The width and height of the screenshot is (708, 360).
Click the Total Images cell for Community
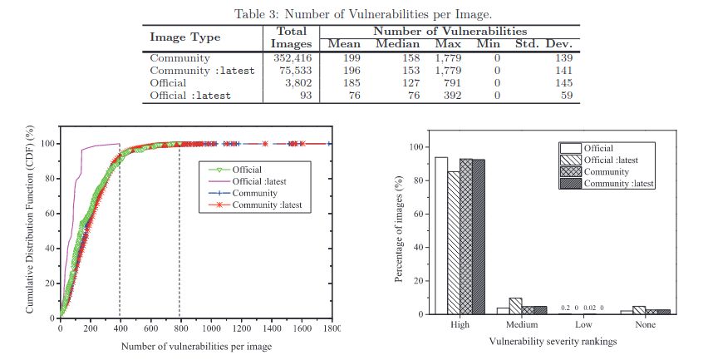coord(293,58)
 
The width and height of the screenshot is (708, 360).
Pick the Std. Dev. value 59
coord(567,96)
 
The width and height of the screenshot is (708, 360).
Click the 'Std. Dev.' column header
coord(543,44)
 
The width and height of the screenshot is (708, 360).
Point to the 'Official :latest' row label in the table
coord(190,96)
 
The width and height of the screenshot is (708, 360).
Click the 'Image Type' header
coord(185,37)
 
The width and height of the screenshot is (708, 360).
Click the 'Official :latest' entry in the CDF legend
coord(259,181)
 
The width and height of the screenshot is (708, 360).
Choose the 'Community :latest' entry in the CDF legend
coord(267,205)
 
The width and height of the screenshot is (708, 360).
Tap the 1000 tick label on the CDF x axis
coord(212,329)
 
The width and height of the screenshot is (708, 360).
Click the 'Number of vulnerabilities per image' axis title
coord(196,347)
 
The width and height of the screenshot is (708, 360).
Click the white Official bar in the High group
coord(441,235)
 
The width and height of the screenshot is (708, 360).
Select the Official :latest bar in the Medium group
coord(515,306)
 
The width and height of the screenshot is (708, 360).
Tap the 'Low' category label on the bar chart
coord(583,325)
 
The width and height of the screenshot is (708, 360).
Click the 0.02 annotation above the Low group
coord(589,308)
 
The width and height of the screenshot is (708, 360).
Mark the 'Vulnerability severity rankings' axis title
coord(553,341)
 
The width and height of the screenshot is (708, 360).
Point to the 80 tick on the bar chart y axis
coord(418,180)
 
